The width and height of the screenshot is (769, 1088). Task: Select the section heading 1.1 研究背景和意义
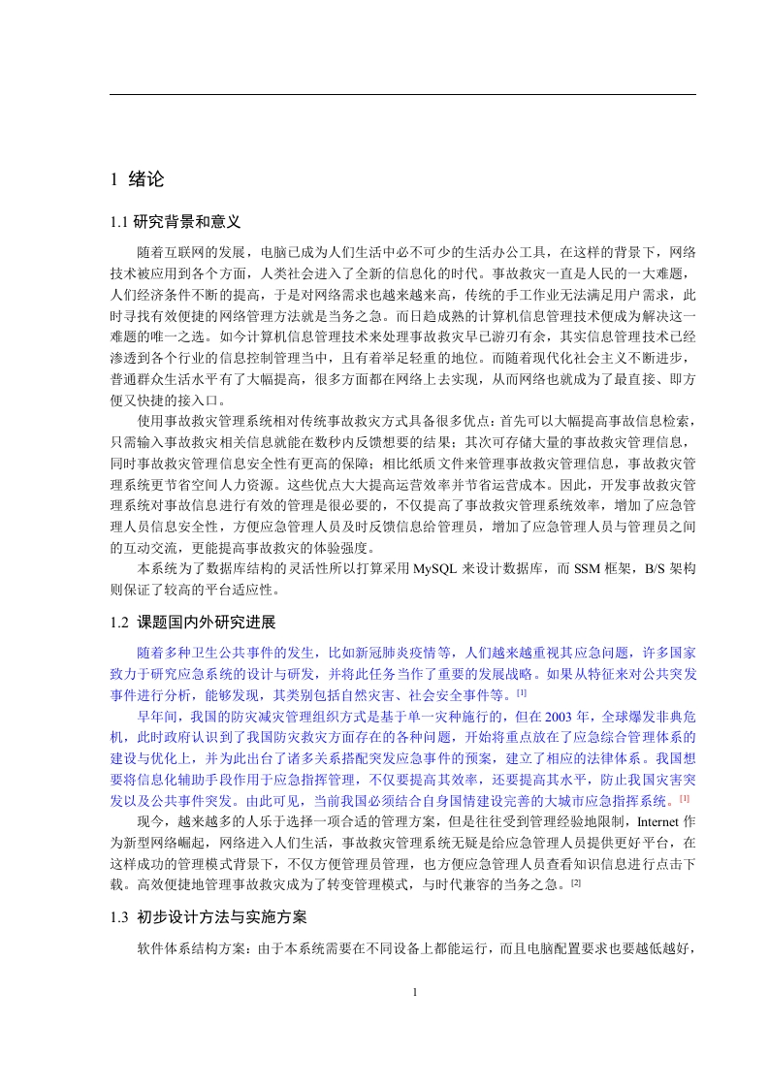[176, 222]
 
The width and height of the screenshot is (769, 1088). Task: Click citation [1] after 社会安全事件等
[522, 692]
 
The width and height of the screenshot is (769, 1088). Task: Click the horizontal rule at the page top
[402, 94]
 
